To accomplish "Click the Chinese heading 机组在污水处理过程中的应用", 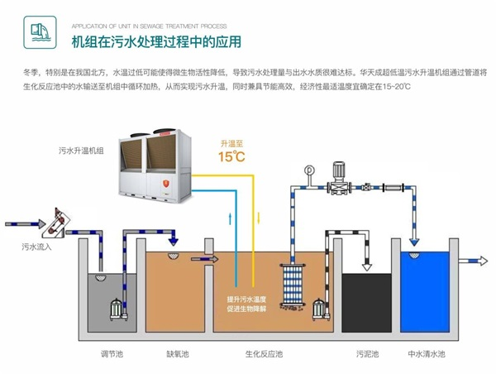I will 146,41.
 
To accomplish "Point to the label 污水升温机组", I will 80,151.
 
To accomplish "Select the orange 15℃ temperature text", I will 231,156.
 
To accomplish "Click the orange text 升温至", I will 231,141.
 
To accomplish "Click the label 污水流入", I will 36,247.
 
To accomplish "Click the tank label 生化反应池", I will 263,354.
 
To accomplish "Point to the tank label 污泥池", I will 366,354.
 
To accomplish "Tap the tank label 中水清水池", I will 426,354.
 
